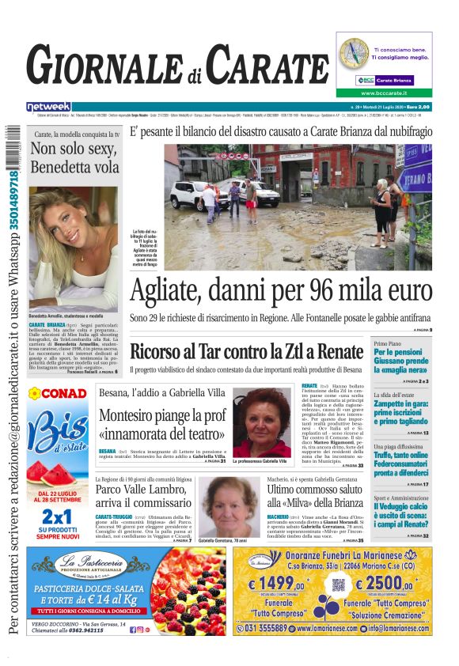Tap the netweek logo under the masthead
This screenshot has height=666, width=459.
[48, 107]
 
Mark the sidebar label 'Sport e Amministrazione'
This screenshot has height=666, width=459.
[402, 498]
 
